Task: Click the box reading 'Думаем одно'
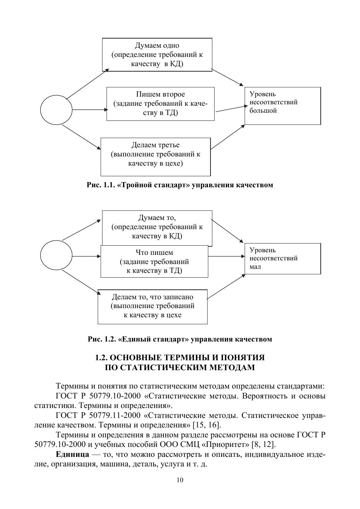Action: pos(157,55)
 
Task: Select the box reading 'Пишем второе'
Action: pos(160,104)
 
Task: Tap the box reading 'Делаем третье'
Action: pos(155,157)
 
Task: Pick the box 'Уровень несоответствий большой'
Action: pos(282,106)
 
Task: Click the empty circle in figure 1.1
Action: pos(56,110)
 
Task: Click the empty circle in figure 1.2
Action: pos(56,256)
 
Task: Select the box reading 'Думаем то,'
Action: pos(157,227)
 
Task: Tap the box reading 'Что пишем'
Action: pos(154,261)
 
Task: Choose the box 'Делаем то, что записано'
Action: pos(152,307)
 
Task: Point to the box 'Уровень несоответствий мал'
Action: pos(282,259)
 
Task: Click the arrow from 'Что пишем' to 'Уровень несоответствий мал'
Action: pos(226,256)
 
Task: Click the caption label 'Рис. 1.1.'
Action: pos(101,185)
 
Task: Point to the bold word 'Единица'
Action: pos(72,455)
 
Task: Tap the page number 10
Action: pos(180,480)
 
